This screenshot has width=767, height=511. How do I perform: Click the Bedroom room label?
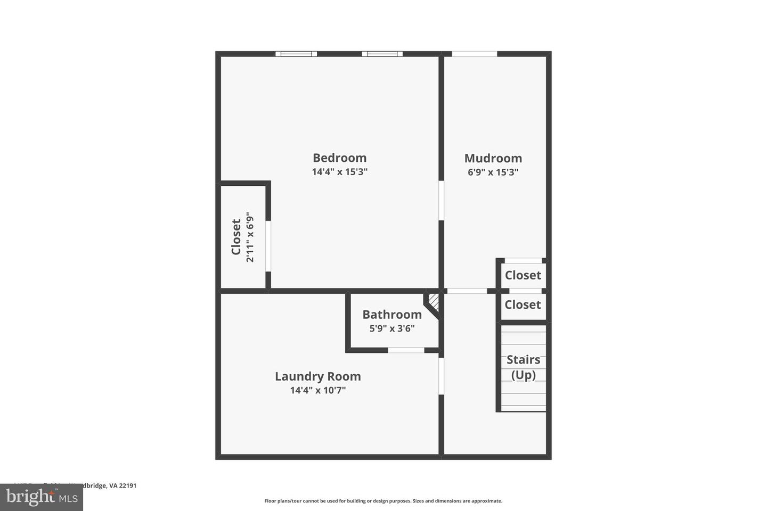point(339,158)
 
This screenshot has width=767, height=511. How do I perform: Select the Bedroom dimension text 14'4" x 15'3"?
point(339,172)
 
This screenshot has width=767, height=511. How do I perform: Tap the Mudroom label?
point(493,158)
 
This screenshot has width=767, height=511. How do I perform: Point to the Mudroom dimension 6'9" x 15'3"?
point(493,172)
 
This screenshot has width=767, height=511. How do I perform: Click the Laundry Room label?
point(317,376)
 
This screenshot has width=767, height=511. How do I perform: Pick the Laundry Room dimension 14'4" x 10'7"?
point(317,390)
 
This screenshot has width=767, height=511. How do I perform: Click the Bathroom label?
point(392,315)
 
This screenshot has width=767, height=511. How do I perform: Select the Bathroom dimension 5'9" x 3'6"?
point(392,328)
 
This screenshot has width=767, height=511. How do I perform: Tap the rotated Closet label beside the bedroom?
point(236,237)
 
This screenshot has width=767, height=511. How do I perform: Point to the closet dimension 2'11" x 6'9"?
point(250,237)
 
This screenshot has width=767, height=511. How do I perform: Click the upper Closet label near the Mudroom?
point(523,275)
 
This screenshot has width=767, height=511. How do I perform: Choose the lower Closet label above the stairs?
point(523,304)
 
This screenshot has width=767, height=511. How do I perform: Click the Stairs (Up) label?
point(523,367)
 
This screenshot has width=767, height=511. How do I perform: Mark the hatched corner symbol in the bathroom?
point(434,303)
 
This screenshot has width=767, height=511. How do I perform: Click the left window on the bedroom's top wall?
point(296,54)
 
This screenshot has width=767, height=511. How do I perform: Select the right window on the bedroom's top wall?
point(382,54)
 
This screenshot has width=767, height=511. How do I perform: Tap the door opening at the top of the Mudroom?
point(474,54)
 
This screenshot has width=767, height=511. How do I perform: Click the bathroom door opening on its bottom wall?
point(406,350)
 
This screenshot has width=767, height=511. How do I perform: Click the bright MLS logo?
point(41,497)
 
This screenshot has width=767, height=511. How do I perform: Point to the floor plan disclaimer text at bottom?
point(383,501)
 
